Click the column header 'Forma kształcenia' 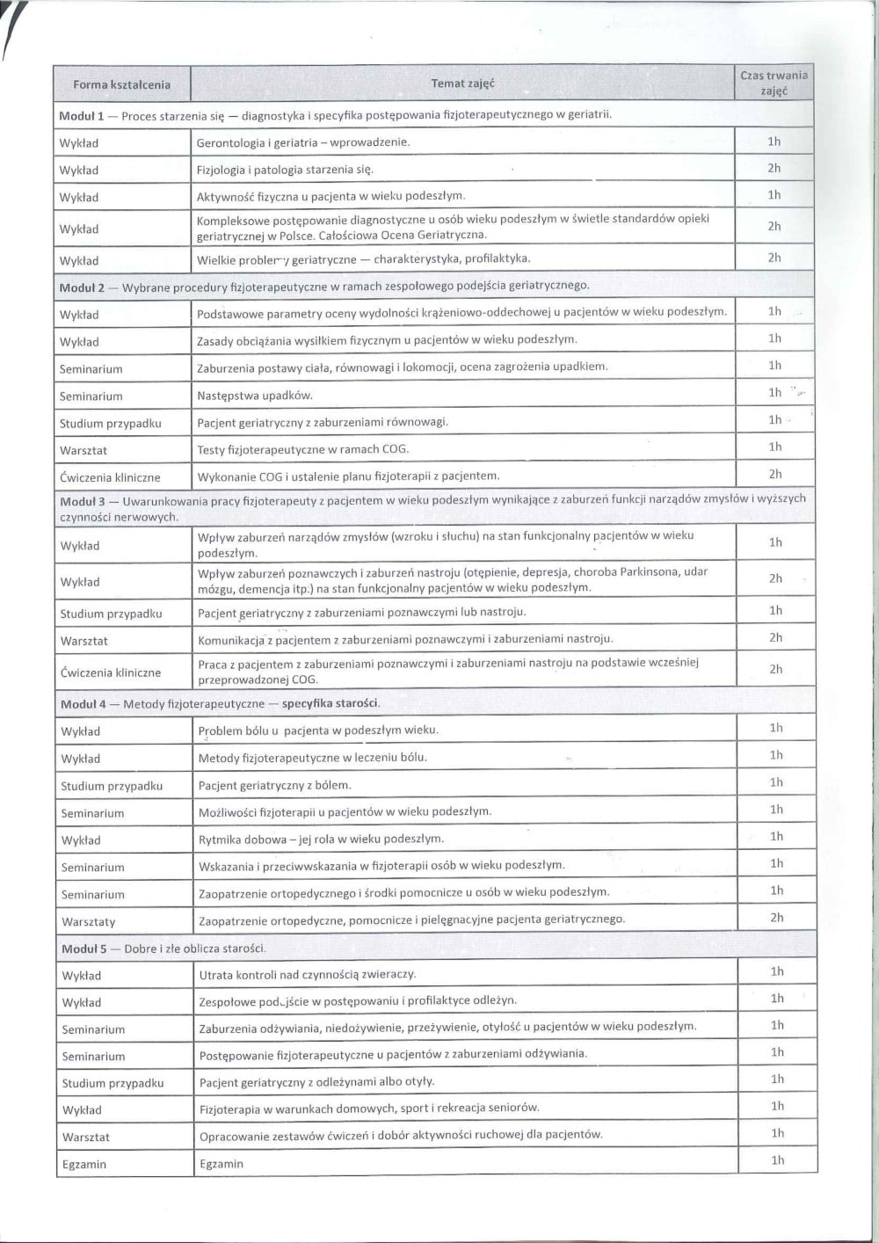(x=121, y=85)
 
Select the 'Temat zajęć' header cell (x=462, y=84)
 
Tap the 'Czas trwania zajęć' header (x=774, y=83)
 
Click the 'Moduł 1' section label (x=82, y=115)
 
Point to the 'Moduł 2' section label (x=82, y=287)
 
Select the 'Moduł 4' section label (x=84, y=704)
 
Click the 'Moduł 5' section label (x=84, y=949)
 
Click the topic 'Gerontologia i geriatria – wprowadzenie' (x=303, y=142)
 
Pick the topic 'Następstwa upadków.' (x=255, y=396)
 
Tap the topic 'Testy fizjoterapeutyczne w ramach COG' (x=303, y=449)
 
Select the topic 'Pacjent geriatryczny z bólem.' (x=274, y=785)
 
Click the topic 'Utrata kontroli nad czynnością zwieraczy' (x=308, y=974)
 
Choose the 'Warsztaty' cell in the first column (x=88, y=922)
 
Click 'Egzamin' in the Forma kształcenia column (x=84, y=1165)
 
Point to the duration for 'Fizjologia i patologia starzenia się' (x=774, y=168)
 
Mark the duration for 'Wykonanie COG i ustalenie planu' (x=774, y=475)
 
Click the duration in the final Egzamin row (x=777, y=1160)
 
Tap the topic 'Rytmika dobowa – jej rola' (x=321, y=840)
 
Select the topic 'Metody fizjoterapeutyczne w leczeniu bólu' (x=312, y=758)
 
